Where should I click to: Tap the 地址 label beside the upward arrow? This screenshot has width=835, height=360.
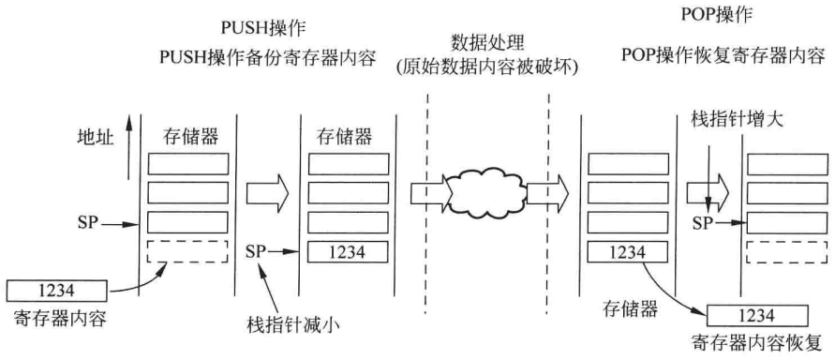click(x=96, y=138)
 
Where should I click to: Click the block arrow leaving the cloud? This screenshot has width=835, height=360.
click(x=544, y=195)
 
